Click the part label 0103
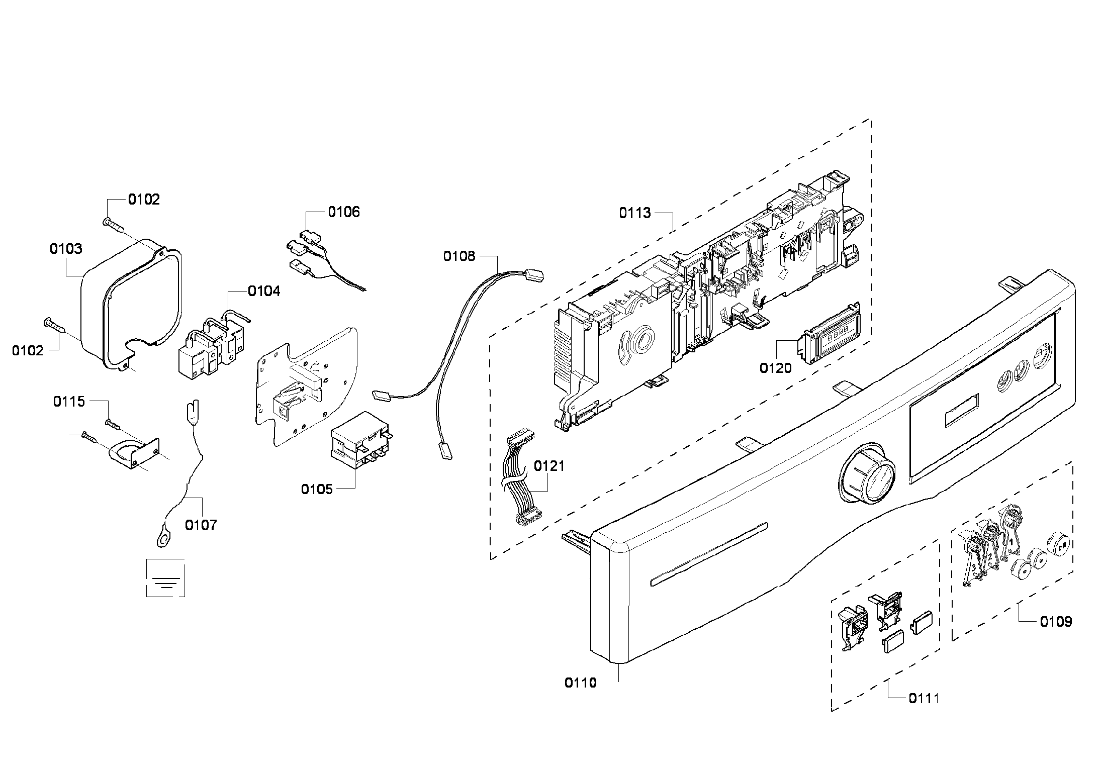tap(66, 249)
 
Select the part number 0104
tap(264, 291)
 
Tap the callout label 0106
tap(344, 212)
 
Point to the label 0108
tap(458, 256)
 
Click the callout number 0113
tap(634, 213)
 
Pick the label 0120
tap(775, 368)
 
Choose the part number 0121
tap(549, 466)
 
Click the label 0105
tap(317, 489)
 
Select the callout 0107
tap(201, 525)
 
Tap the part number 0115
tap(69, 402)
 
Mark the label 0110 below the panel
tap(581, 683)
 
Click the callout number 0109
tap(1056, 622)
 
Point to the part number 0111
tap(924, 698)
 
